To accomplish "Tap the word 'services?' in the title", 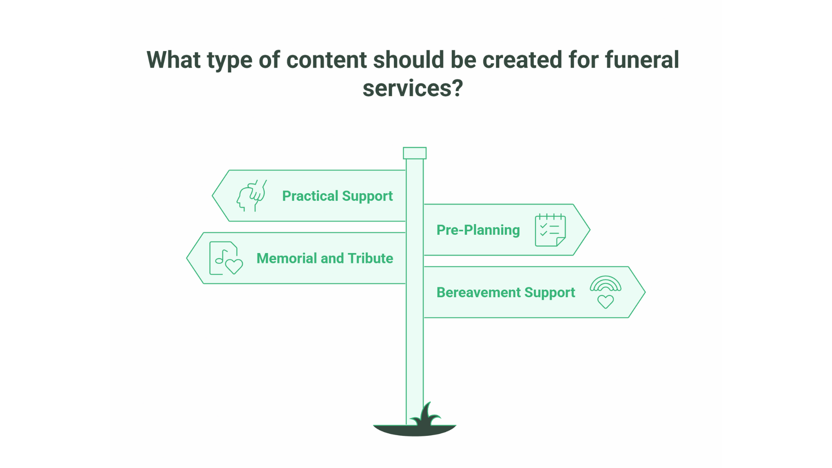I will pyautogui.click(x=413, y=88).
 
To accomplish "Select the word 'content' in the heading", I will pyautogui.click(x=326, y=60).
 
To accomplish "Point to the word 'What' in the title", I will pyautogui.click(x=173, y=60).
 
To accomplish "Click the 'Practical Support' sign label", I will pyautogui.click(x=337, y=196).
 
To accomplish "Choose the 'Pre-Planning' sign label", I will pyautogui.click(x=478, y=230).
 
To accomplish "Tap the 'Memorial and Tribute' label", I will pyautogui.click(x=325, y=258).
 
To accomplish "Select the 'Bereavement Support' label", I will pyautogui.click(x=506, y=292).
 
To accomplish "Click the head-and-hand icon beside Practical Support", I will pyautogui.click(x=252, y=196).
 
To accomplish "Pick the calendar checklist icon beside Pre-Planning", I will pyautogui.click(x=550, y=230).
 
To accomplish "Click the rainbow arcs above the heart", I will pyautogui.click(x=605, y=284).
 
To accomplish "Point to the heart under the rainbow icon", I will pyautogui.click(x=605, y=301).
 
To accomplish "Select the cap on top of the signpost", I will pyautogui.click(x=415, y=153).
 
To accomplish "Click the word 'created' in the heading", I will pyautogui.click(x=522, y=60).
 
